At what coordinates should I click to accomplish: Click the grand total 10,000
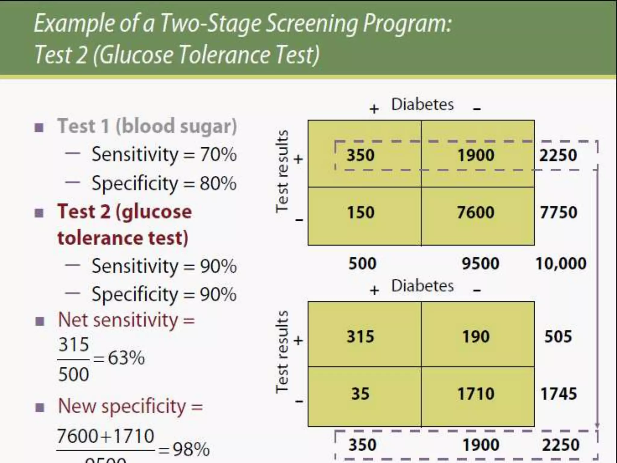[560, 263]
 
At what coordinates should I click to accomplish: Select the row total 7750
[558, 212]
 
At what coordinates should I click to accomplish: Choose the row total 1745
[558, 394]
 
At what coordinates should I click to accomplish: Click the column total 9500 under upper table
[480, 263]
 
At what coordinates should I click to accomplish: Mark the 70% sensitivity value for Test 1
[218, 154]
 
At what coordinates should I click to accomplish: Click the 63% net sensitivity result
[127, 358]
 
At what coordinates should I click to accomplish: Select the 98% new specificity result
[191, 449]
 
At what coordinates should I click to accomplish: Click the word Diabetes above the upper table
[422, 105]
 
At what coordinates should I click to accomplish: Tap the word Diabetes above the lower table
[422, 285]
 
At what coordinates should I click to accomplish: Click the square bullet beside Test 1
[39, 128]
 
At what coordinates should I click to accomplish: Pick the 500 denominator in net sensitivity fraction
[74, 374]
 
